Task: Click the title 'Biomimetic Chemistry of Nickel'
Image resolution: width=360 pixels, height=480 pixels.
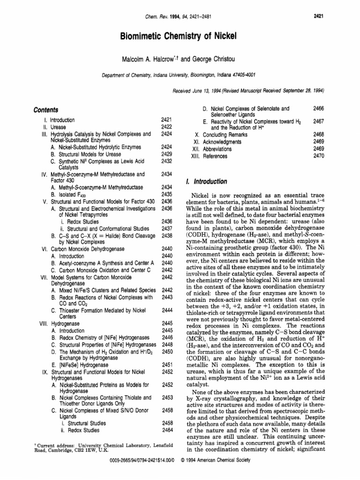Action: click(x=180, y=37)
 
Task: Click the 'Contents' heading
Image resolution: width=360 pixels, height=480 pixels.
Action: click(x=46, y=110)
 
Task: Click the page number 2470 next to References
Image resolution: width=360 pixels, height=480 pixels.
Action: click(x=319, y=156)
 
